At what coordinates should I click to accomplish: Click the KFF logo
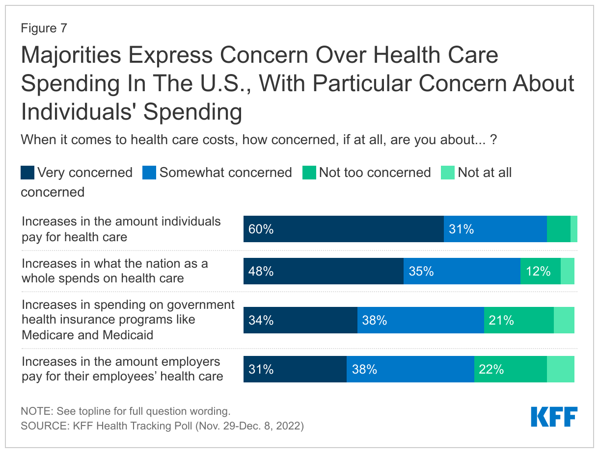[x=554, y=417]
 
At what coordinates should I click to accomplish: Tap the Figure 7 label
[x=44, y=28]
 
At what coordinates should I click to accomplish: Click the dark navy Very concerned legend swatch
[x=27, y=173]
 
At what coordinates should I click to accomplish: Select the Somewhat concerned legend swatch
[x=149, y=173]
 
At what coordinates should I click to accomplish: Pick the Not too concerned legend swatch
[x=309, y=173]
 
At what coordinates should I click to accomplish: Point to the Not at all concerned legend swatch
[x=448, y=173]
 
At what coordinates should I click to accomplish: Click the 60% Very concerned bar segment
[x=343, y=229]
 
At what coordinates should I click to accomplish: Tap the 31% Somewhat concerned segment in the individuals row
[x=495, y=229]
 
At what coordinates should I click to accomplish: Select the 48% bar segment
[x=323, y=271]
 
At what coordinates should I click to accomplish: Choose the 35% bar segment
[x=462, y=271]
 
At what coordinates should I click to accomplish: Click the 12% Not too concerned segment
[x=540, y=271]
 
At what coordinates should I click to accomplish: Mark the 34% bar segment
[x=300, y=320]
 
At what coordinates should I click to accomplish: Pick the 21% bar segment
[x=518, y=320]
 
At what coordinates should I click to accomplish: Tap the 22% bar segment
[x=510, y=369]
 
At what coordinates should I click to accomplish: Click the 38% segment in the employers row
[x=410, y=369]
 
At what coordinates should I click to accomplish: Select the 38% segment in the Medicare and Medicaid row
[x=420, y=320]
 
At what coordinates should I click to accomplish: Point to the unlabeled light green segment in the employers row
[x=560, y=369]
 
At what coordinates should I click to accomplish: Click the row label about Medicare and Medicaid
[x=128, y=320]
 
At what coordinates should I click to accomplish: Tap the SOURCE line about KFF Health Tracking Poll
[x=162, y=426]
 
